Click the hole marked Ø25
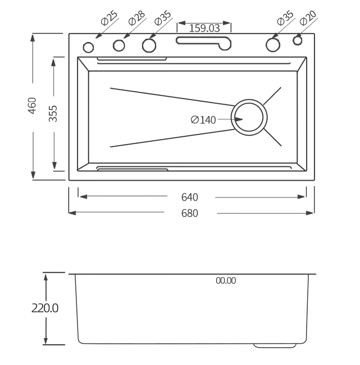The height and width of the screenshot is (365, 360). (89, 47)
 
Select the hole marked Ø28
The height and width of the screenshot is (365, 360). (119, 46)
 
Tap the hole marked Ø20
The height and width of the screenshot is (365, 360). (297, 41)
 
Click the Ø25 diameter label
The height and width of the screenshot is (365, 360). (109, 18)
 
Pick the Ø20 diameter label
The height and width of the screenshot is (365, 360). (308, 18)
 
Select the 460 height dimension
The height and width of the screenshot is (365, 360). (32, 105)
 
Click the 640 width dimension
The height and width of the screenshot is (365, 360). (190, 197)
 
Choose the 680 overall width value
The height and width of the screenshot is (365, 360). (190, 213)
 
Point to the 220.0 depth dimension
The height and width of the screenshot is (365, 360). (45, 308)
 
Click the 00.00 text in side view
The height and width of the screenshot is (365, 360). (225, 280)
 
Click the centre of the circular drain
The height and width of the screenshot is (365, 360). (249, 117)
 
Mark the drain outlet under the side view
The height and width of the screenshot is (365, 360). (274, 346)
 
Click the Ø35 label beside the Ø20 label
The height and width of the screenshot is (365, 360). (285, 18)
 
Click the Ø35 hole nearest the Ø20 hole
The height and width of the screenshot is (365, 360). (273, 44)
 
